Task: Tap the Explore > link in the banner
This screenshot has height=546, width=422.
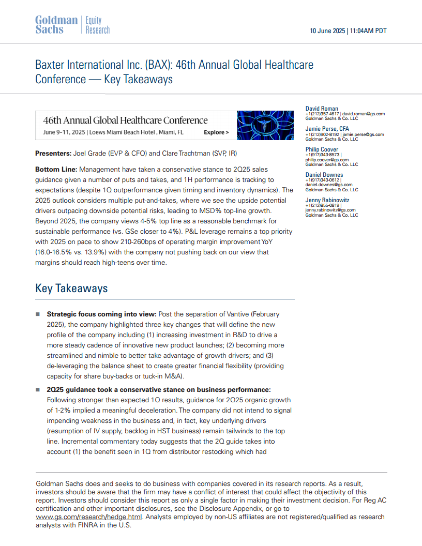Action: click(x=216, y=132)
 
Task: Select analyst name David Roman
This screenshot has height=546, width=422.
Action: click(x=322, y=109)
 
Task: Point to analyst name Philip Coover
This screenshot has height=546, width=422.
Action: click(x=322, y=149)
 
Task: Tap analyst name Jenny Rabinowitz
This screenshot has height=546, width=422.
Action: click(x=328, y=200)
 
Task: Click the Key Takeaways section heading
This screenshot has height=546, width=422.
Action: click(x=71, y=289)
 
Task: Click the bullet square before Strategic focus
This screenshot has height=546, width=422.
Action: click(x=38, y=314)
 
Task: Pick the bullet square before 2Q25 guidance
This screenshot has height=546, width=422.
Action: click(x=38, y=389)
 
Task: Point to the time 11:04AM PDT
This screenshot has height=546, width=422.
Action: click(x=368, y=31)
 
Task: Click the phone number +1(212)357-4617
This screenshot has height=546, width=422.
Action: click(x=322, y=114)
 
